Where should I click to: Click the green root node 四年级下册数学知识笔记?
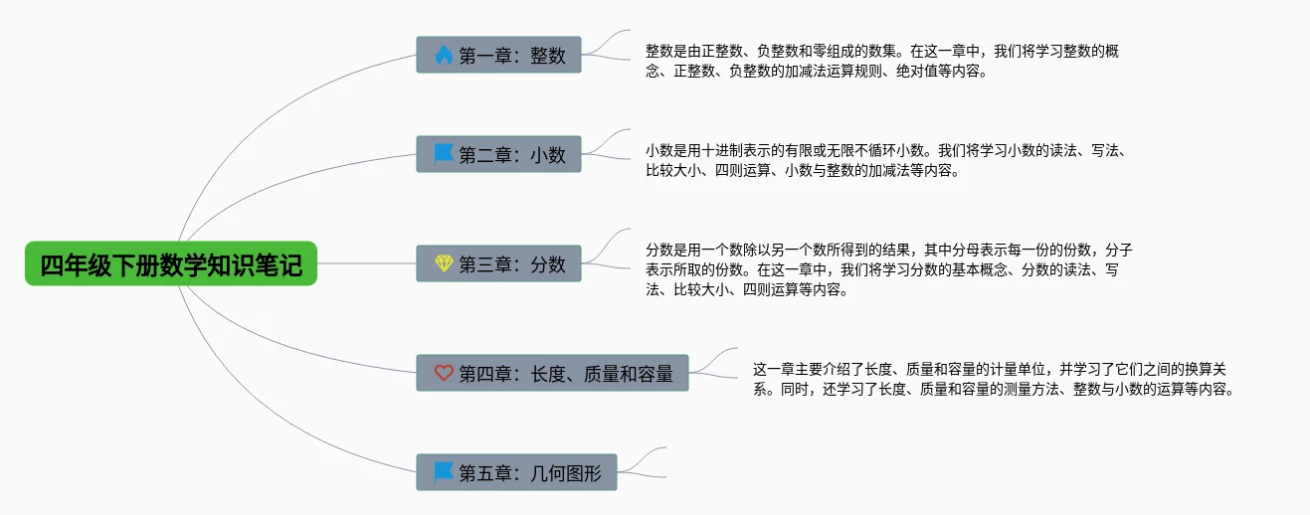(171, 263)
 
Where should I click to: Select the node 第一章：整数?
(498, 55)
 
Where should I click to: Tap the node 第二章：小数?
(498, 154)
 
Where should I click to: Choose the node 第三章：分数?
(498, 263)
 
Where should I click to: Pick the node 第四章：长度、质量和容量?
(552, 373)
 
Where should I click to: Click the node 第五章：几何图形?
(516, 472)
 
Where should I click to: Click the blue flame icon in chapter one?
(444, 55)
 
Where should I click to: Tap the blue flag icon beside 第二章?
(444, 154)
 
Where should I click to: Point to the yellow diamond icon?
(444, 263)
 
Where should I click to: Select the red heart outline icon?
(444, 373)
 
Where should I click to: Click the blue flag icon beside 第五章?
(444, 472)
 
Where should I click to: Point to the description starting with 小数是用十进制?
(884, 160)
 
